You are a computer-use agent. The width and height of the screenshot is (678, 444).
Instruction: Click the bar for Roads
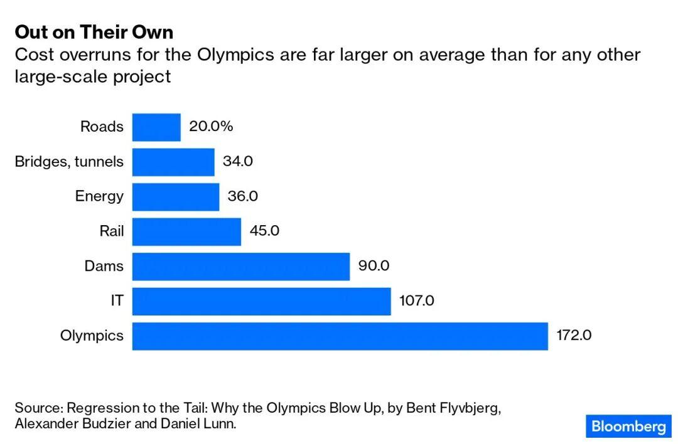(x=156, y=127)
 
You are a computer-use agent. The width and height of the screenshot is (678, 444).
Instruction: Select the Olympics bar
(x=340, y=336)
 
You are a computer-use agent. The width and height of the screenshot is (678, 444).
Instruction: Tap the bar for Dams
(x=240, y=266)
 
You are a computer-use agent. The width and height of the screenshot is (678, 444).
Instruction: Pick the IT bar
(x=261, y=301)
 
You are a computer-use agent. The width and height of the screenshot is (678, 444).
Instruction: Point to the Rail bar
(x=186, y=231)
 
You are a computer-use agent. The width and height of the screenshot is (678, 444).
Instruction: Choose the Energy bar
(x=176, y=196)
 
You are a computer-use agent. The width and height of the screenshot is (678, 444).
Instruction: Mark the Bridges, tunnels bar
(x=173, y=162)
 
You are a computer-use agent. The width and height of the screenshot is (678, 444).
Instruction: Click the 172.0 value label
(x=574, y=336)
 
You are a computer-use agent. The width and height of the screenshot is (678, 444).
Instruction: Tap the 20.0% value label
(x=211, y=127)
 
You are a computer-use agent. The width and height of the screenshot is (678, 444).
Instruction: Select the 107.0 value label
(x=417, y=301)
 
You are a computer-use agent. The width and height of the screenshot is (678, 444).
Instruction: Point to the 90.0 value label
(x=374, y=266)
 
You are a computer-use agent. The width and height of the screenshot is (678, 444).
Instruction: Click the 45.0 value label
(x=264, y=231)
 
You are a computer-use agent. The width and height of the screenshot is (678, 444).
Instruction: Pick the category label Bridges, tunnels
(x=69, y=162)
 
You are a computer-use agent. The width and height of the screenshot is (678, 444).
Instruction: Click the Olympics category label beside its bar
(x=92, y=336)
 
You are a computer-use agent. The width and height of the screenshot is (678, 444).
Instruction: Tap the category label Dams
(x=104, y=266)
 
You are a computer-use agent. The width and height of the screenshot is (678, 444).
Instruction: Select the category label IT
(x=117, y=301)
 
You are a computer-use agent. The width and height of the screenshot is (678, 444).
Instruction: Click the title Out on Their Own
(x=94, y=32)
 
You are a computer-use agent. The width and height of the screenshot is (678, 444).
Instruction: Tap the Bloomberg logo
(x=628, y=427)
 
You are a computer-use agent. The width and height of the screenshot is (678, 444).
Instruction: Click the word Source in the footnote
(x=37, y=407)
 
